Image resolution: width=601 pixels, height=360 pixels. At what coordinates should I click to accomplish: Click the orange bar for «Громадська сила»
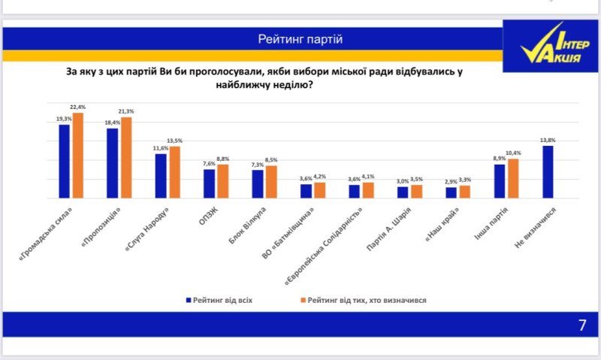78,156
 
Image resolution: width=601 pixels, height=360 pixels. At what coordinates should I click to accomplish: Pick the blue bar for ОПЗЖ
209,183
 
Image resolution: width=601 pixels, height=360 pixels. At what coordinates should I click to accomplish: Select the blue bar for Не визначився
548,172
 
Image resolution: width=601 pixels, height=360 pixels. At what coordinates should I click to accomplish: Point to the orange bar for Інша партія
513,179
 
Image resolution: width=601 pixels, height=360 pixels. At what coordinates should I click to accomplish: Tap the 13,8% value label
548,141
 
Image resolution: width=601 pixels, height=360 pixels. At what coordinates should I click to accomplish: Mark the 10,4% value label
515,153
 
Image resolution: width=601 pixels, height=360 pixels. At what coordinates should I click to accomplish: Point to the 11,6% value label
160,149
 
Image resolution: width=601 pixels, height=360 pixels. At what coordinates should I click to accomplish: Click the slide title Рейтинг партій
300,38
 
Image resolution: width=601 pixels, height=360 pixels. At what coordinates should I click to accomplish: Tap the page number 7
581,325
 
